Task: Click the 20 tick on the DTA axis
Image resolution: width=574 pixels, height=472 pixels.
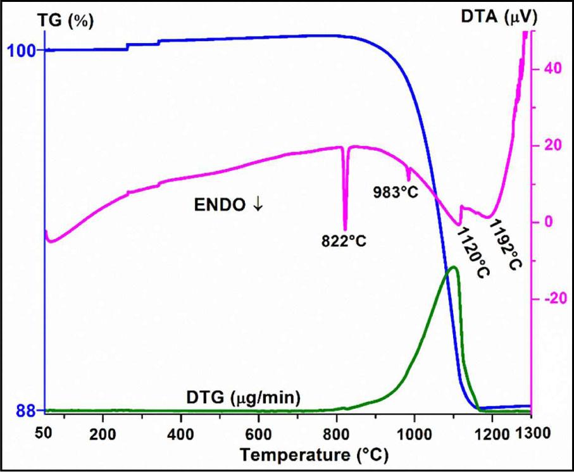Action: pyautogui.click(x=544, y=145)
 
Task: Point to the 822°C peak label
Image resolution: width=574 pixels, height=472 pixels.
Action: pyautogui.click(x=344, y=241)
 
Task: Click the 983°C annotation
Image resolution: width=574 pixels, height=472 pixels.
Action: pyautogui.click(x=397, y=191)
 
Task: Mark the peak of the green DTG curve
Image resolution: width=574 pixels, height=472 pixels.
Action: pyautogui.click(x=452, y=267)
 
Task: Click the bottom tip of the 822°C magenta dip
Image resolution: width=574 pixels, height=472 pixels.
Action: pyautogui.click(x=345, y=230)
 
